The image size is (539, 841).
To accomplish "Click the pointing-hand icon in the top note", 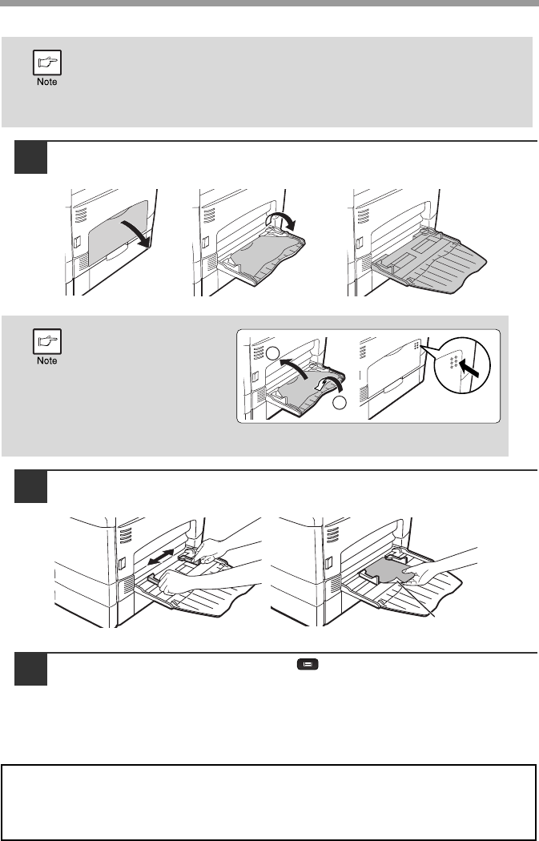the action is click(x=47, y=62).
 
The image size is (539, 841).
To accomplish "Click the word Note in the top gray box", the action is click(x=47, y=82).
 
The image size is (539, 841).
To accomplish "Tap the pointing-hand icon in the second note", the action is click(x=47, y=341).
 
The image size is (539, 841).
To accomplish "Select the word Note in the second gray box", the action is click(x=47, y=360).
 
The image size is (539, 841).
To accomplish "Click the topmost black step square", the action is click(x=30, y=158).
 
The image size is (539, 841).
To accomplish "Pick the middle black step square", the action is click(x=30, y=486).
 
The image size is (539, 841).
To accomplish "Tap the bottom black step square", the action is click(x=30, y=669).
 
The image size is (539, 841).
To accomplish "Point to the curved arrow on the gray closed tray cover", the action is click(x=135, y=233).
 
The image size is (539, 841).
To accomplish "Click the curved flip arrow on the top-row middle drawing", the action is click(x=281, y=222).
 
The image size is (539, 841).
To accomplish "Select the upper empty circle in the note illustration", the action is click(x=273, y=352).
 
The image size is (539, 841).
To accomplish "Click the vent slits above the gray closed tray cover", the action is click(x=81, y=215).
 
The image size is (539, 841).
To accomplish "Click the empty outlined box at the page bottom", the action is click(x=269, y=802).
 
